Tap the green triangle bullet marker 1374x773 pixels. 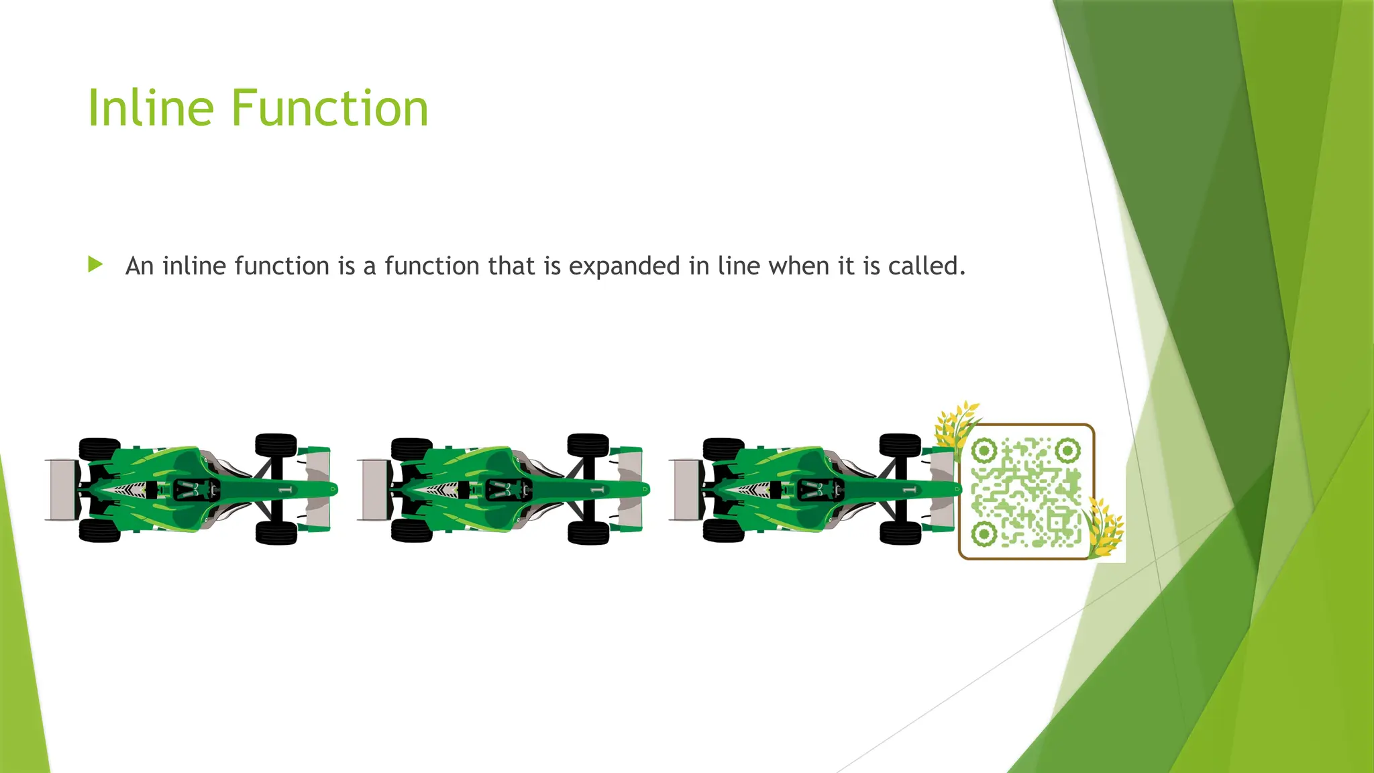(x=95, y=264)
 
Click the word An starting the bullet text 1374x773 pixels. (x=140, y=266)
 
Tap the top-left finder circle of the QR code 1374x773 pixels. (x=984, y=450)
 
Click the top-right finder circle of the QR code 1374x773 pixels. (x=1067, y=450)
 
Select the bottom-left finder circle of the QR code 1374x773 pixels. (x=984, y=534)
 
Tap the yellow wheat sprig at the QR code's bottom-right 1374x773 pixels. (x=1104, y=530)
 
